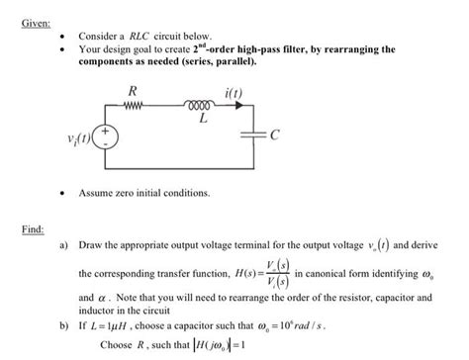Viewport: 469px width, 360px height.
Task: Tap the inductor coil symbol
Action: pyautogui.click(x=203, y=105)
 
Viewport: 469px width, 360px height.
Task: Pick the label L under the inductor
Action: pyautogui.click(x=203, y=119)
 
